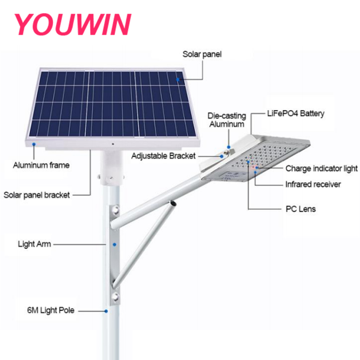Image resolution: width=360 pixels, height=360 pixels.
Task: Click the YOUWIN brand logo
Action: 72,24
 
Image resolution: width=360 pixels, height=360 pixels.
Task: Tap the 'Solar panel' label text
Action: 202,54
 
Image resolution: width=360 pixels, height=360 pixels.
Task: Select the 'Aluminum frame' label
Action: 41,165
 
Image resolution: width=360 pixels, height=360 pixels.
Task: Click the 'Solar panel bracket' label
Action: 37,195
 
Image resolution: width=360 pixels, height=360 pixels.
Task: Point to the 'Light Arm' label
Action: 35,244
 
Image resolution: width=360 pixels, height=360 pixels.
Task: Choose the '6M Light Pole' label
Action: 51,310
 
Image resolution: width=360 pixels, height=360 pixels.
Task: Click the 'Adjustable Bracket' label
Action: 163,156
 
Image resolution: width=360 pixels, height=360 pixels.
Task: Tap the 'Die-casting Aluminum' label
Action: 227,120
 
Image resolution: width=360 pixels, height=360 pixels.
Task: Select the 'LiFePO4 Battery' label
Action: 296,113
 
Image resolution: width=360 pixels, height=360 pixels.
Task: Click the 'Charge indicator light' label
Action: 322,169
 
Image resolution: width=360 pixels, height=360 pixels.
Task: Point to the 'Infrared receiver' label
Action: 313,184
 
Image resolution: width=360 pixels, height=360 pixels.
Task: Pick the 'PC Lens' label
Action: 301,209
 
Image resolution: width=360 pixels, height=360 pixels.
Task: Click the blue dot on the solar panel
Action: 178,80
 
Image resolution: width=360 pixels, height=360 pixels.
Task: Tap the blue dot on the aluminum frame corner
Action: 34,144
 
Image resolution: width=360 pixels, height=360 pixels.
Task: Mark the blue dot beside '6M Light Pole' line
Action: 106,311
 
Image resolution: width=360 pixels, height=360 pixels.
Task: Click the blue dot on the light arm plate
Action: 115,245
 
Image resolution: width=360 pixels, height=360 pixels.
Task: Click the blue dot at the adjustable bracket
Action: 222,156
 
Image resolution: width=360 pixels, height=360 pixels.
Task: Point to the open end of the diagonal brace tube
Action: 172,203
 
